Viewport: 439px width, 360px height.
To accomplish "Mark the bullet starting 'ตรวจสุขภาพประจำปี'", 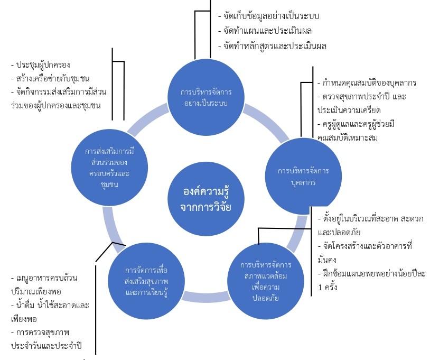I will (365, 104).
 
